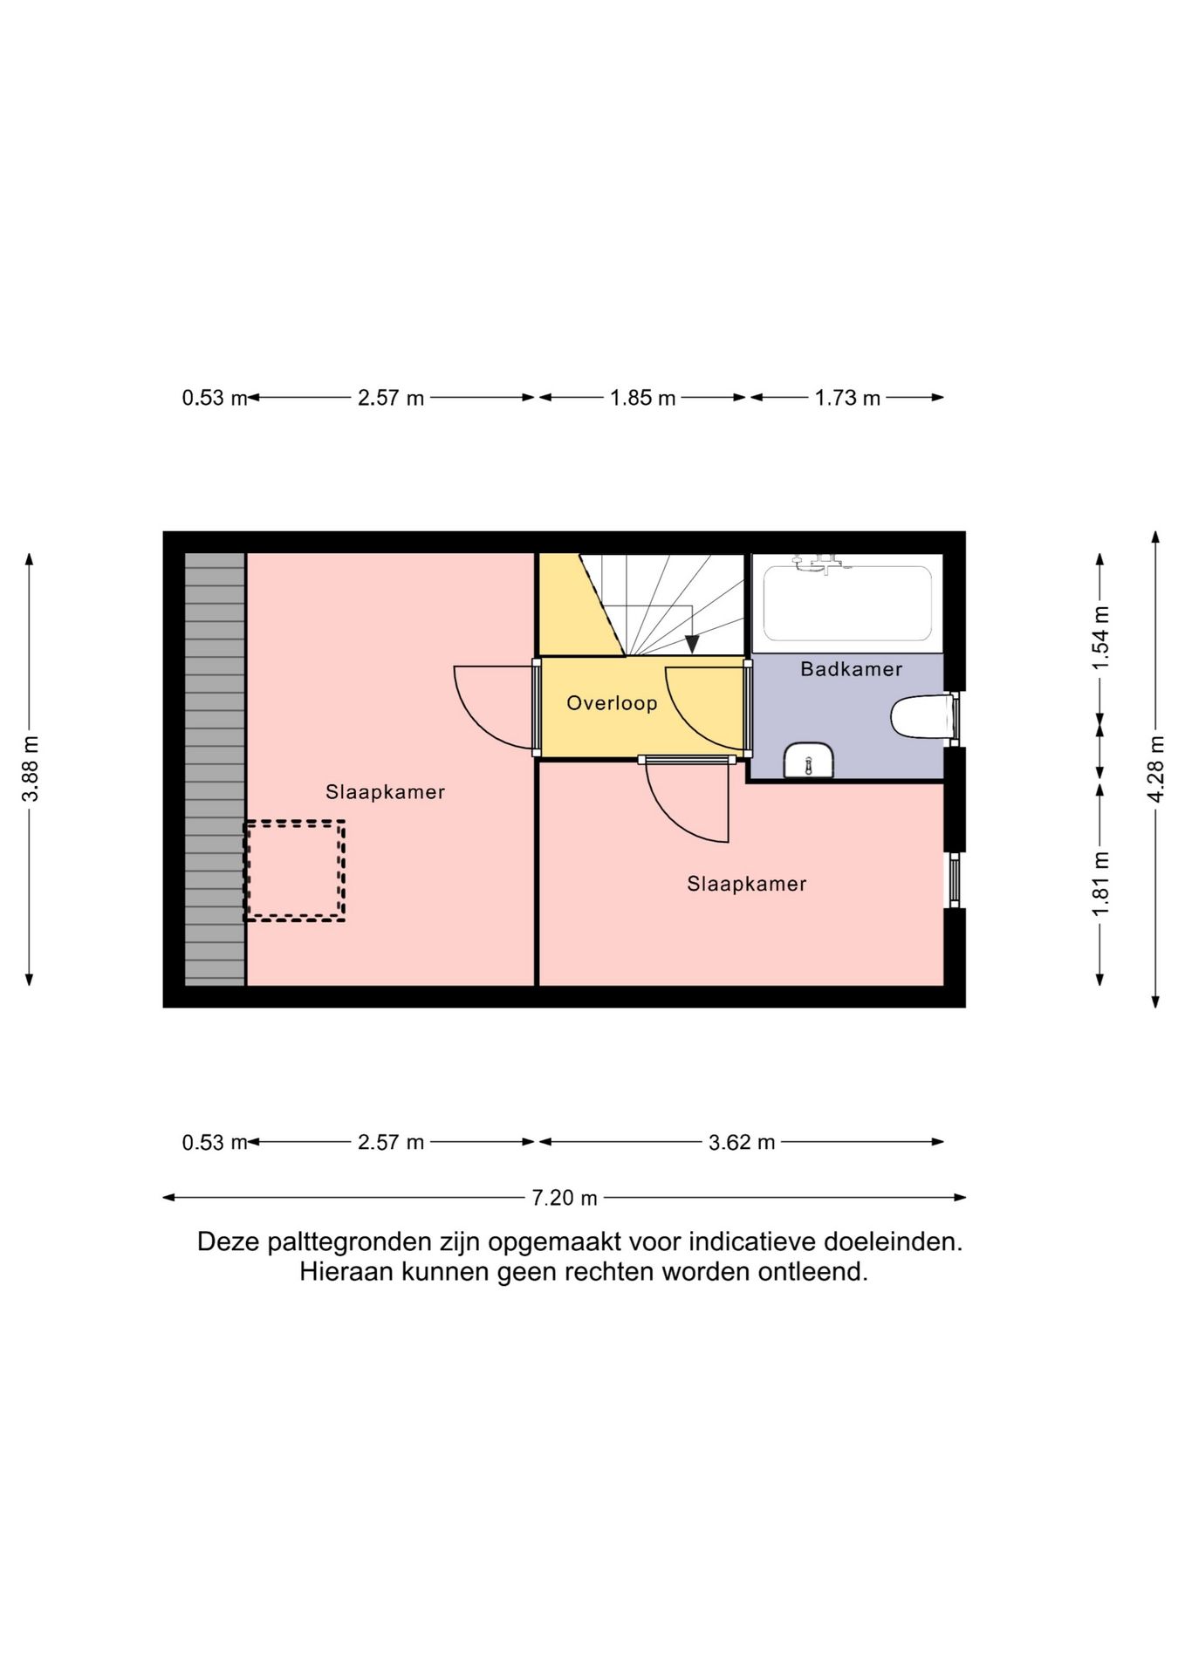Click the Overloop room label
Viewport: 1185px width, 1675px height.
pos(612,703)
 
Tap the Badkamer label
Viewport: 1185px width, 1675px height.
pos(852,669)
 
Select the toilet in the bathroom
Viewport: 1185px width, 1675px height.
pos(919,716)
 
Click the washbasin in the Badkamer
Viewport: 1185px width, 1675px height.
pos(810,759)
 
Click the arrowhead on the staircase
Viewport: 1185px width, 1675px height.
pos(692,645)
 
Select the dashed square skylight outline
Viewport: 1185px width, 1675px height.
pos(294,871)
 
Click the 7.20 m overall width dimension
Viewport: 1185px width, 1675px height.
pos(565,1198)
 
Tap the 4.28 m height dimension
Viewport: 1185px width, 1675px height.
pos(1155,769)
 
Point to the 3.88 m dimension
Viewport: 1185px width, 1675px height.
pos(30,769)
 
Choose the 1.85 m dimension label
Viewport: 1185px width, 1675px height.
pos(643,399)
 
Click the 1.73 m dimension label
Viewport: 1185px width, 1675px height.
pos(847,399)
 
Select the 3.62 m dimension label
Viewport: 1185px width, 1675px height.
pos(742,1142)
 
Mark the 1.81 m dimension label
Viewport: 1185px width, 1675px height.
pos(1100,884)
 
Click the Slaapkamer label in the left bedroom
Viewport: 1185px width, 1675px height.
pos(386,792)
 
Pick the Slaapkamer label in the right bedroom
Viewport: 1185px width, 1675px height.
pos(747,884)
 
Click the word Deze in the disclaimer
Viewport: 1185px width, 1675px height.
pos(227,1241)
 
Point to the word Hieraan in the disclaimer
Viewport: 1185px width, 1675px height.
pos(346,1272)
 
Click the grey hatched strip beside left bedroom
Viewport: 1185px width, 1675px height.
pos(215,769)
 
